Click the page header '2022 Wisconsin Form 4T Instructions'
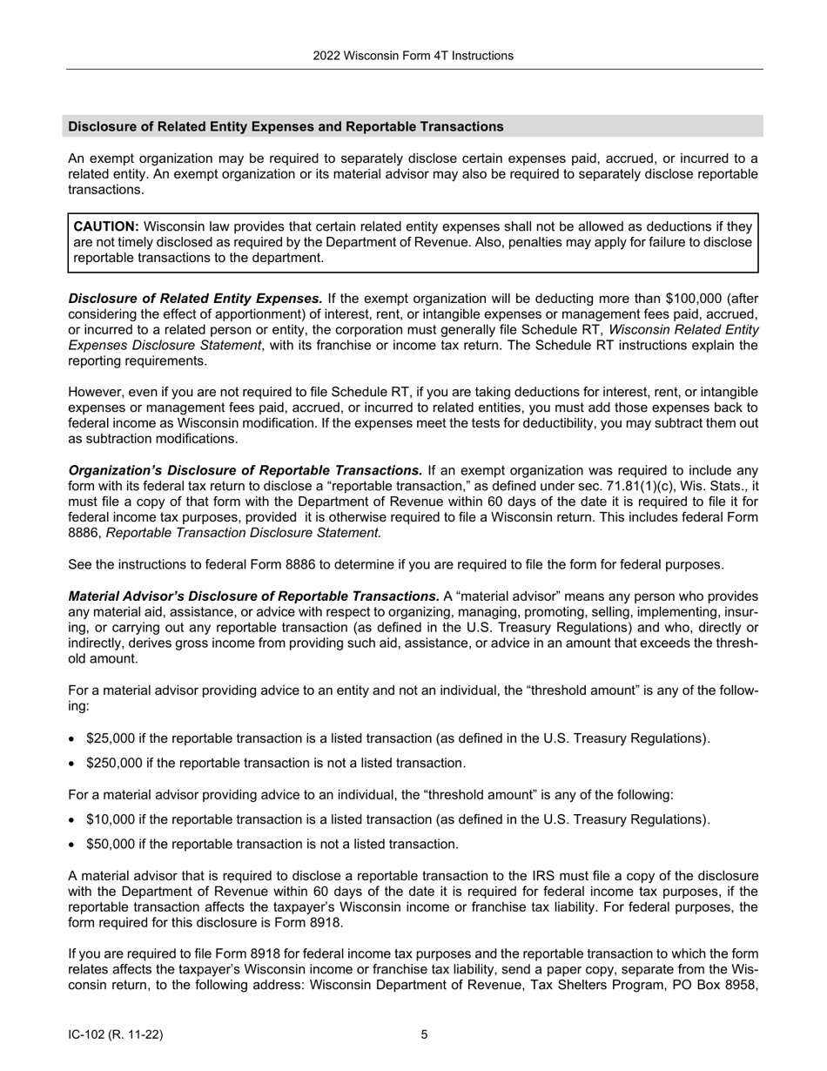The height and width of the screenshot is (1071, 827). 413,56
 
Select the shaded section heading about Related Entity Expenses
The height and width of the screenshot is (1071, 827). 286,127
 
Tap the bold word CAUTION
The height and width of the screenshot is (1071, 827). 105,226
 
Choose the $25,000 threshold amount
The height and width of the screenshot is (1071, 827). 111,738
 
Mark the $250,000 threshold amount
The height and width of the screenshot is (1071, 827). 114,763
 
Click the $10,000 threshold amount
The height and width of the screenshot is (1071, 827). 111,819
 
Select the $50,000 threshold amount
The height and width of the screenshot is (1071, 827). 111,844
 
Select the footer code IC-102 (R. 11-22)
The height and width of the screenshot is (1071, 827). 115,1034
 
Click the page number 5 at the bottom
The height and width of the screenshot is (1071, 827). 424,1034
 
